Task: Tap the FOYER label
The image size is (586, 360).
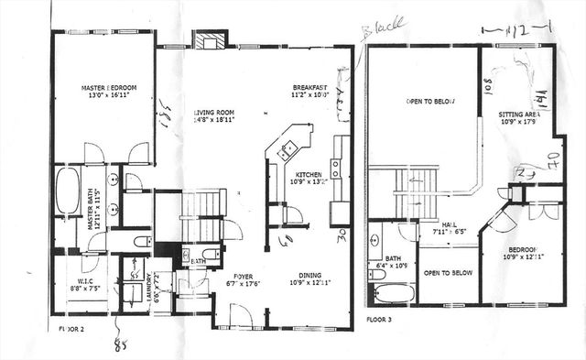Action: (242, 275)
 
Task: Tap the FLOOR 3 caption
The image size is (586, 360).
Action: (381, 321)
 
